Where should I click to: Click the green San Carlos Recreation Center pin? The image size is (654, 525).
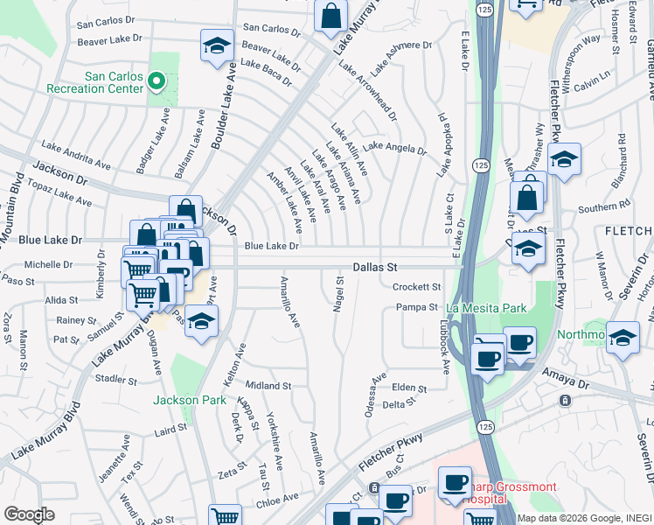point(157,82)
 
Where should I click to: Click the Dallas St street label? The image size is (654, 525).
point(375,266)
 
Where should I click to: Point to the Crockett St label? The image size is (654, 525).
point(415,286)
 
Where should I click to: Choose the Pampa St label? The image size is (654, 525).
point(416,307)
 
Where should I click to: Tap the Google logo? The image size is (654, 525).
point(29,514)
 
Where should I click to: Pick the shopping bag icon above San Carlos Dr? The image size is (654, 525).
point(331,15)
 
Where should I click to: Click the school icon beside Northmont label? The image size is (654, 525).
point(623,337)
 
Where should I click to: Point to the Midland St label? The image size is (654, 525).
point(268,385)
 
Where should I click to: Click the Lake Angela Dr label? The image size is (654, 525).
point(394,150)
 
